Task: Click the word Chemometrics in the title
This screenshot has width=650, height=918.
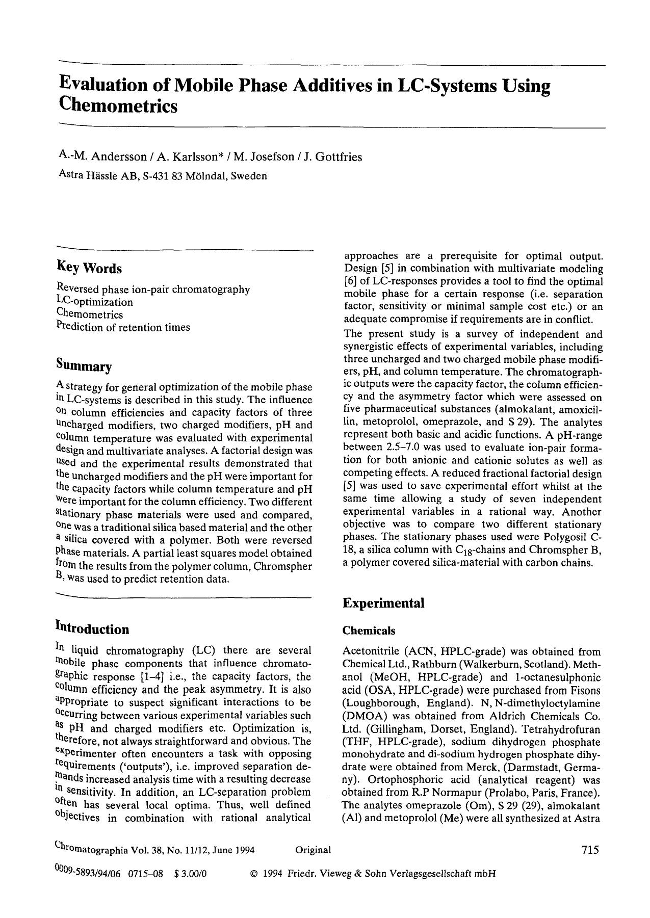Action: pos(118,106)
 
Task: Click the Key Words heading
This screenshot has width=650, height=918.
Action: pos(89,268)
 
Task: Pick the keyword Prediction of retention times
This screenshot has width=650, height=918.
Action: pos(123,327)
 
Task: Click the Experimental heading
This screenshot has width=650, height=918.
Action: pos(383,604)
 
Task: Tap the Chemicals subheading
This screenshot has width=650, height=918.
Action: pos(369,631)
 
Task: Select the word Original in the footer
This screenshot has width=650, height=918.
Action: pos(313,850)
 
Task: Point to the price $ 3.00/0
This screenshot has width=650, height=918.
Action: pos(190,874)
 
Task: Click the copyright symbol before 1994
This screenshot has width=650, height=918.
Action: pos(254,874)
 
